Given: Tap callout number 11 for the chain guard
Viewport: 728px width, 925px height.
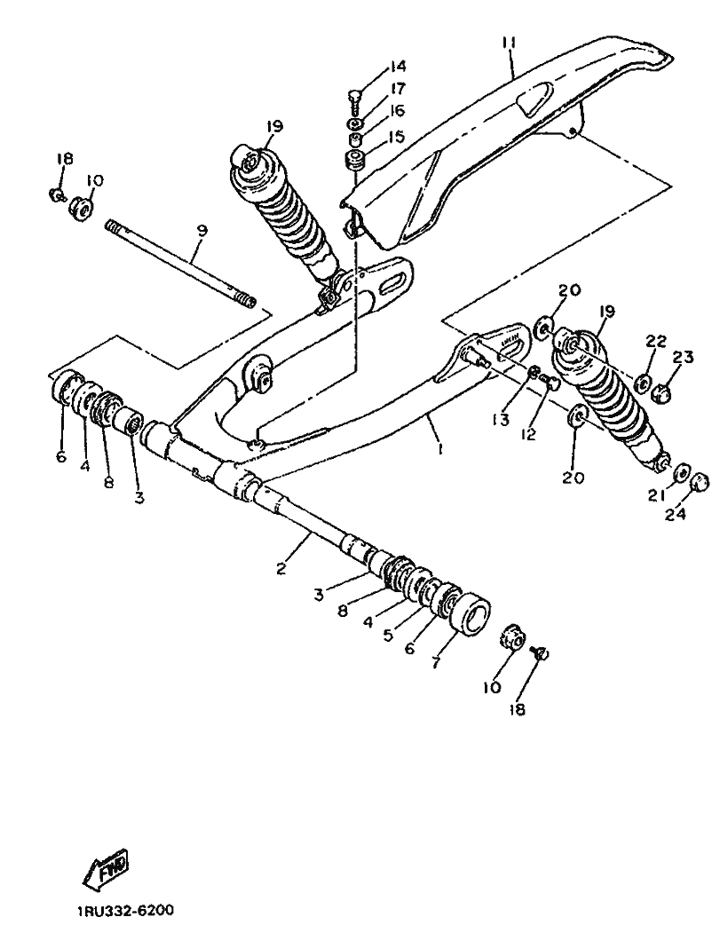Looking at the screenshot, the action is coord(509,43).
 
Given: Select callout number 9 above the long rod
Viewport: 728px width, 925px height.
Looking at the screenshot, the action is coord(202,231).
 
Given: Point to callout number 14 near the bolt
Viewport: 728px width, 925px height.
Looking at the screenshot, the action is coord(397,66).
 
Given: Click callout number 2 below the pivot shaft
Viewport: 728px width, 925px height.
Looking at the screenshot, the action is coord(281,568).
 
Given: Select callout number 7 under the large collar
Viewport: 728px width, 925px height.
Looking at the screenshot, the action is coord(435,662).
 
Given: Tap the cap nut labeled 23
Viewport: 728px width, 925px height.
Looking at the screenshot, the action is coord(661,391).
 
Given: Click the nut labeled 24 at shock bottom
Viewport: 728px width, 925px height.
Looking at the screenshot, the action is coord(700,482).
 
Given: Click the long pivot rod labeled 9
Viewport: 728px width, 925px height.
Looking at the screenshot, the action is coord(180,264).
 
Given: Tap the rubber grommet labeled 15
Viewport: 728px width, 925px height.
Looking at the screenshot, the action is coord(355,161).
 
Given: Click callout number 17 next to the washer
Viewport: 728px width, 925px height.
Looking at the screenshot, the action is coord(397,89).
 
